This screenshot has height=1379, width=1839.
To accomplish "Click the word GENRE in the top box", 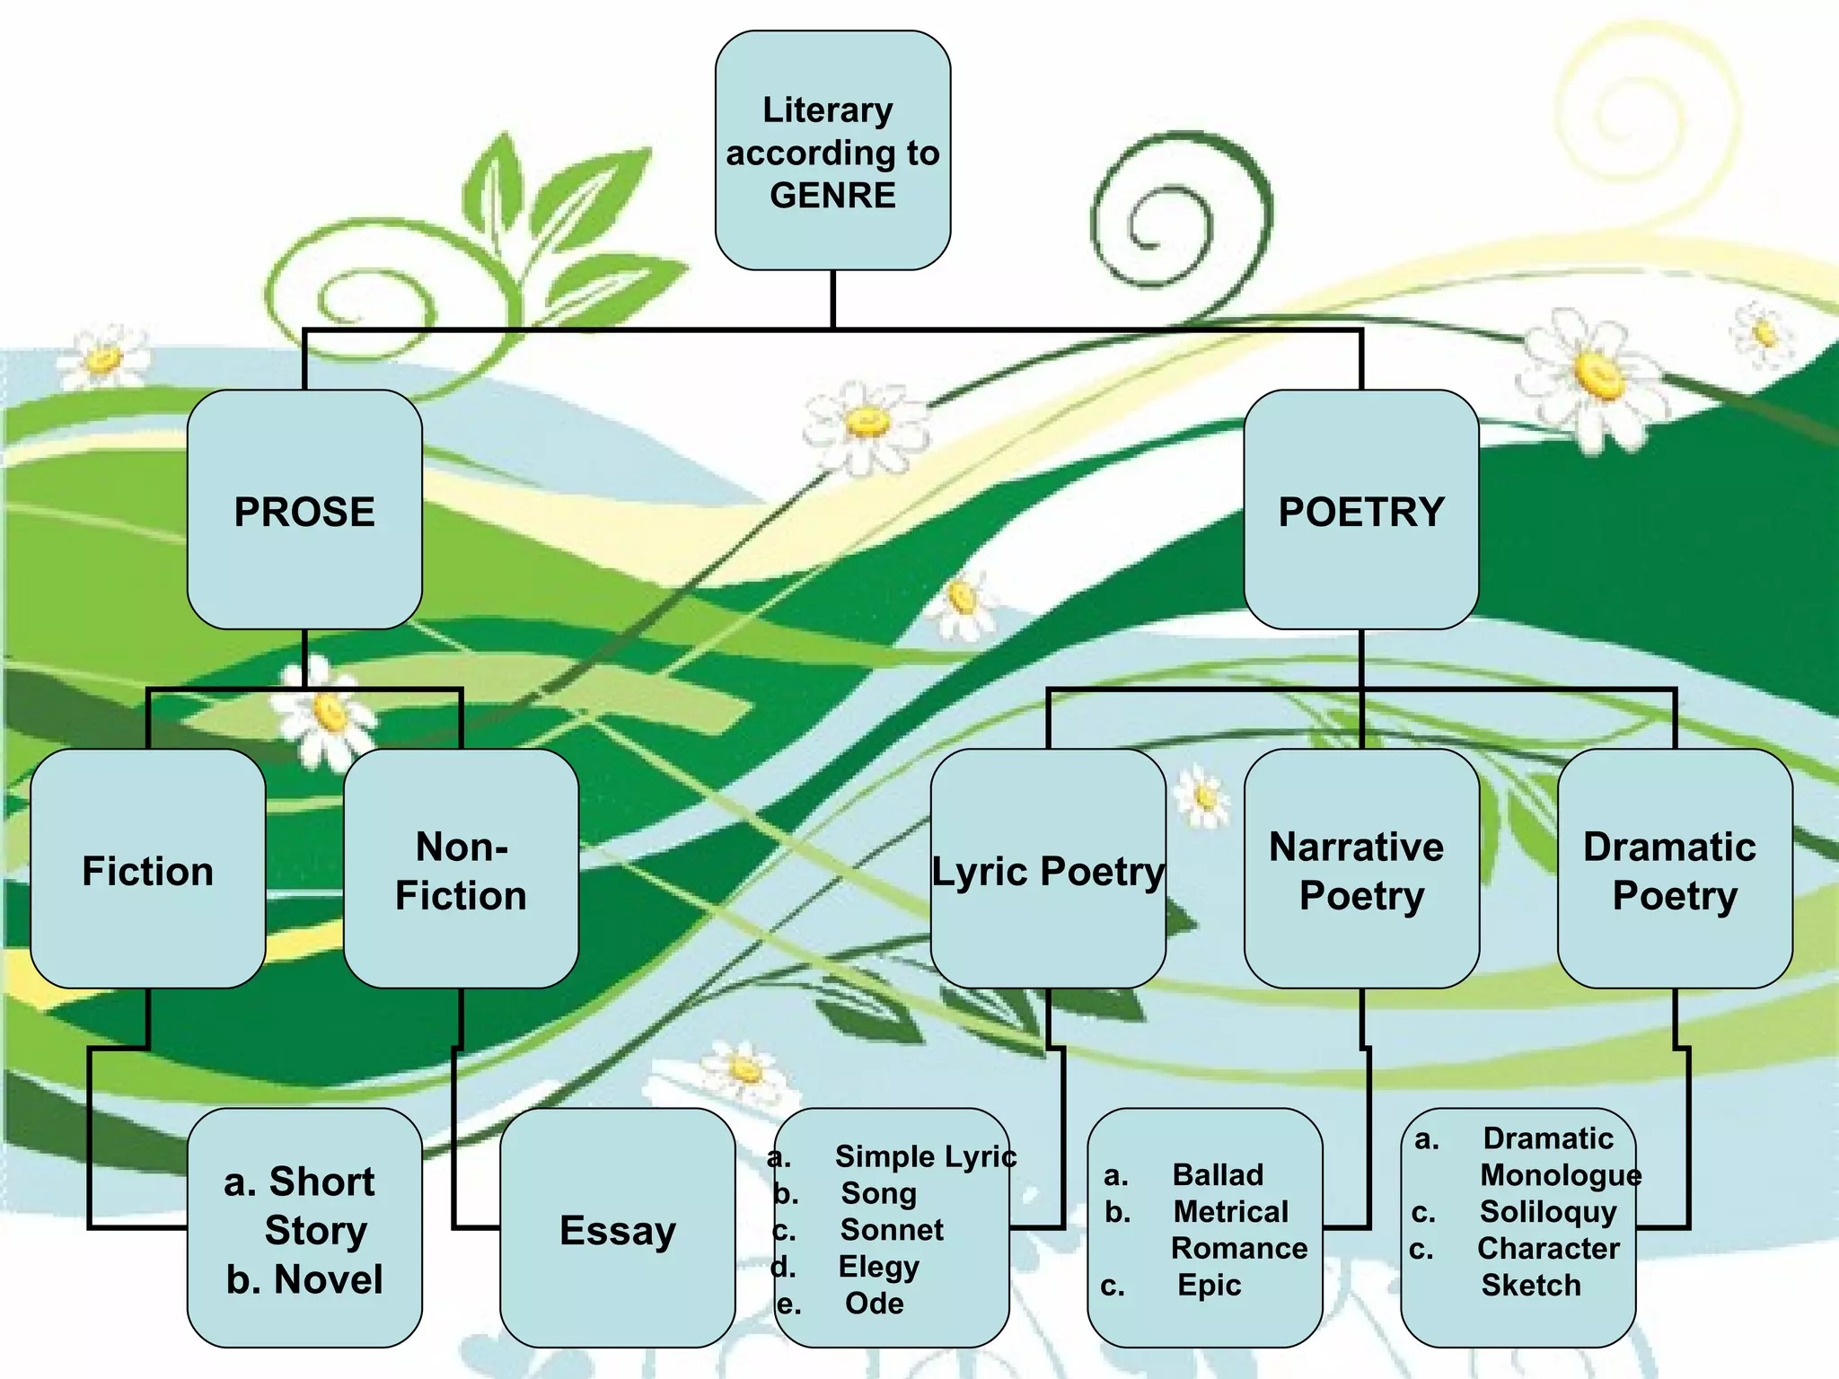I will tap(832, 196).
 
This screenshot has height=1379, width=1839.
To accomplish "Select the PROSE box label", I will tap(304, 512).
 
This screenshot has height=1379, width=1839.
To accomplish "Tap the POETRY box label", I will tap(1361, 512).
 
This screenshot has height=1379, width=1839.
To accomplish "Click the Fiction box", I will tap(148, 871).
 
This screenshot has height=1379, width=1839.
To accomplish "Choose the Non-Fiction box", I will tap(461, 871).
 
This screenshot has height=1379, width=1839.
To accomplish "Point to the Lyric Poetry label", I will tap(1048, 871).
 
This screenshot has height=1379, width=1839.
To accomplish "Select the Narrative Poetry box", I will tap(1360, 871).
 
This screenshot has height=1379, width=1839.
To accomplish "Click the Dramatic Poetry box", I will tap(1674, 871).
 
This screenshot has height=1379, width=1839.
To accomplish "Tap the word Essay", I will tap(618, 1230).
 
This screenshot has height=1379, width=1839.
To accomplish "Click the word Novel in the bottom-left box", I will tap(328, 1279).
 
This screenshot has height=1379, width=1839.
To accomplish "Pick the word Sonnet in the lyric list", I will tap(892, 1229).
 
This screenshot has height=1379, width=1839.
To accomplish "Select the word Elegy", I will tap(878, 1266).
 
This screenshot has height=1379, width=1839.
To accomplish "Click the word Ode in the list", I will tap(874, 1303).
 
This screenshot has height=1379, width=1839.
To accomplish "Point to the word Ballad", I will tap(1218, 1174).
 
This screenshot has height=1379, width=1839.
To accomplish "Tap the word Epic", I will tap(1209, 1285).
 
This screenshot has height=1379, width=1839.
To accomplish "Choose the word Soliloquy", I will tap(1548, 1211).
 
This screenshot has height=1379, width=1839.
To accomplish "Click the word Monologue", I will tap(1560, 1174).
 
